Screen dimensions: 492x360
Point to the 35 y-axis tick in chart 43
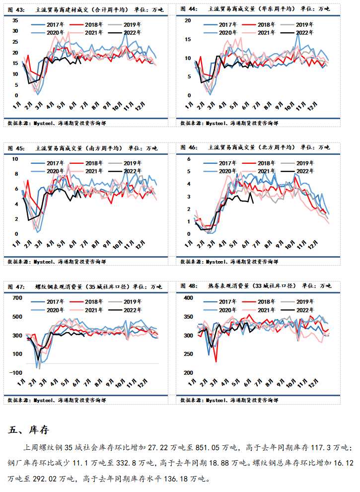(x=15, y=20)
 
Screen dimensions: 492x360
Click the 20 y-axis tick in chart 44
(x=188, y=20)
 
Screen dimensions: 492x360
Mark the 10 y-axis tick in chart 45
(x=15, y=159)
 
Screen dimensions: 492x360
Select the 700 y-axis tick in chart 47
(x=17, y=298)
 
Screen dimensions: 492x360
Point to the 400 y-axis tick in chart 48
(x=188, y=298)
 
